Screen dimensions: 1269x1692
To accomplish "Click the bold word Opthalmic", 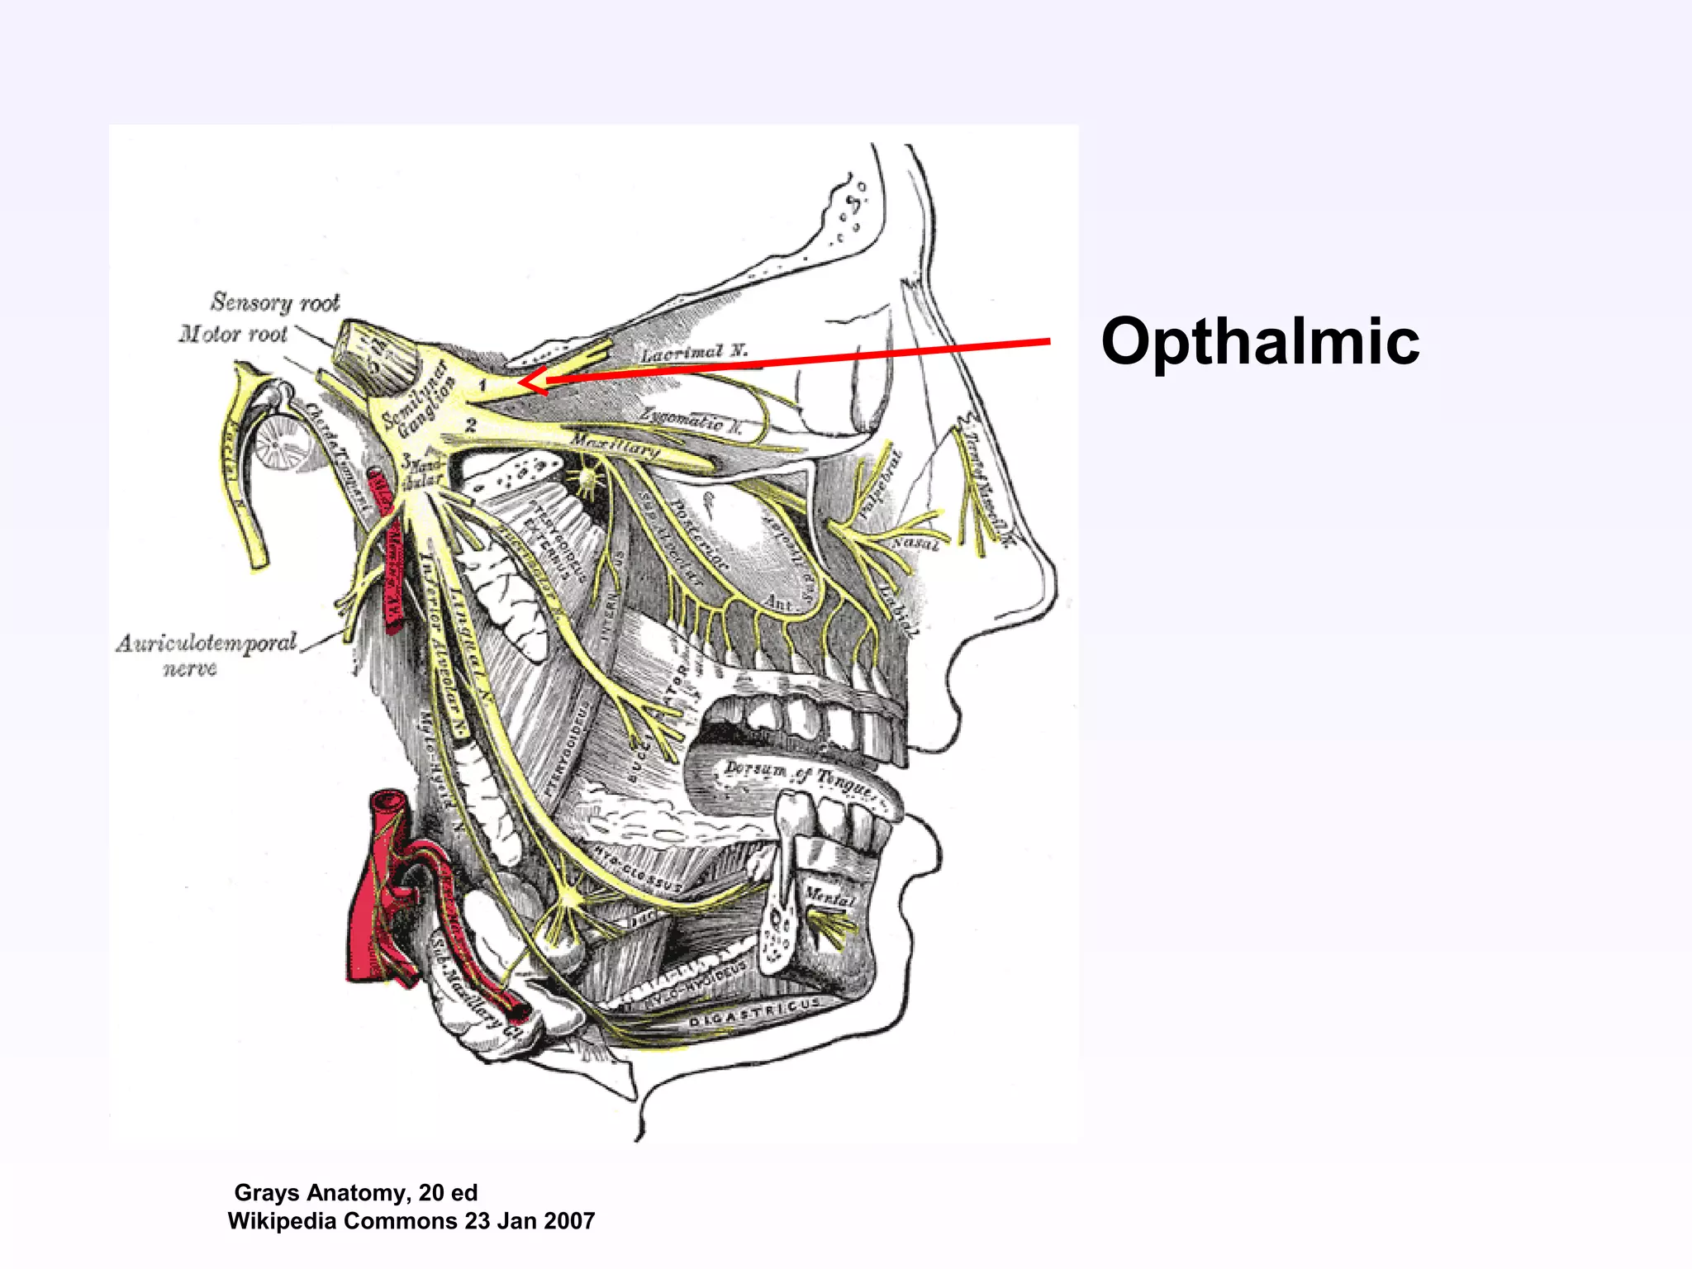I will tap(1260, 341).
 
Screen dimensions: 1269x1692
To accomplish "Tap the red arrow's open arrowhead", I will tap(533, 381).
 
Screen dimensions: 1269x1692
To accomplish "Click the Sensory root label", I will tap(275, 302).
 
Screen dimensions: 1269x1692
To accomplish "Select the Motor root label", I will tap(233, 334).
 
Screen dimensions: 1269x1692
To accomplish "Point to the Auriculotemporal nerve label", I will tap(206, 654).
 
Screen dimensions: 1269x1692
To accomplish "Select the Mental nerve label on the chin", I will tap(829, 897).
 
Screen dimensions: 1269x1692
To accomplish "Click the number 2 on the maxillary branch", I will tap(471, 425).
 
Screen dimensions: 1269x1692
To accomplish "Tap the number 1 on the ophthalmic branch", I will tap(483, 385).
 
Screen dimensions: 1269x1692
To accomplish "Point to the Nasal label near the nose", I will tap(915, 544).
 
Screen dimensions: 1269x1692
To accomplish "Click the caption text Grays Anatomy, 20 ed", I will tap(356, 1192).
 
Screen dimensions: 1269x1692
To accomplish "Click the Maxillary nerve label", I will tap(615, 446).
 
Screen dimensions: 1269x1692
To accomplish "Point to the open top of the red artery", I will tap(388, 800).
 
